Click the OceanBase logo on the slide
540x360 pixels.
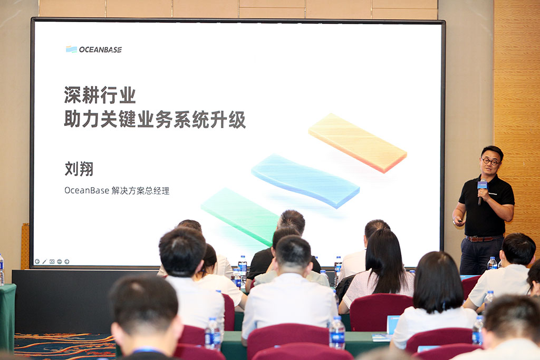[x=94, y=50]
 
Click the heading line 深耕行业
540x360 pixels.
[x=100, y=95]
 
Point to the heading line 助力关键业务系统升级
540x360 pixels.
[x=155, y=120]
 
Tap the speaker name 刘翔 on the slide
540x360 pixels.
[x=79, y=169]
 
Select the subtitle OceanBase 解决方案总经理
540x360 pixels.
[x=117, y=190]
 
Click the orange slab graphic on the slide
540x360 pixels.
[x=358, y=142]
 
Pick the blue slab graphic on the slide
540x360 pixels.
[x=305, y=180]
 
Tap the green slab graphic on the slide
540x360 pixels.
[x=240, y=216]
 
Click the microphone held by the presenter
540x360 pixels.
[x=481, y=191]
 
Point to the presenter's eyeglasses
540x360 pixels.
[x=490, y=161]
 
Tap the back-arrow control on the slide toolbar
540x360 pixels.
[x=37, y=261]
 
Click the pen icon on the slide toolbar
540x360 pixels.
[x=44, y=261]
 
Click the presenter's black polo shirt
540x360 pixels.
[x=486, y=207]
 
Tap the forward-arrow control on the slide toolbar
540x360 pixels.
[x=67, y=261]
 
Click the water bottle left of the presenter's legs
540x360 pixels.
[x=492, y=264]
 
